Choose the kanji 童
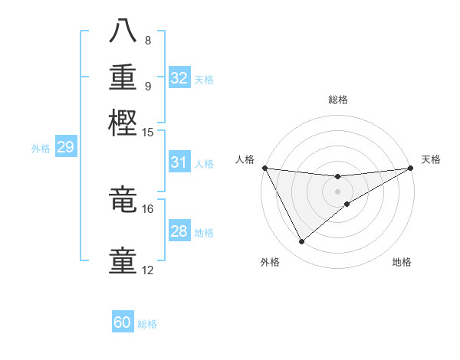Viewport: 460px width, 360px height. tap(123, 259)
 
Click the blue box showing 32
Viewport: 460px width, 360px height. tap(179, 78)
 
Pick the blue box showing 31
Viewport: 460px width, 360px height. tap(179, 162)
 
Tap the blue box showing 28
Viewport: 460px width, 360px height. tap(179, 231)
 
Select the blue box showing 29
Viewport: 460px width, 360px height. tap(65, 147)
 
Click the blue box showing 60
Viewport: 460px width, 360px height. tap(123, 322)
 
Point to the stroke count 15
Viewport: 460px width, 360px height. tap(148, 133)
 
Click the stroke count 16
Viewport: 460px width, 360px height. tap(148, 208)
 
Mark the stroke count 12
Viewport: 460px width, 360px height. tap(148, 270)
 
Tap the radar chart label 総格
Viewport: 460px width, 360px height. tap(338, 100)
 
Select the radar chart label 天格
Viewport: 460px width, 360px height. tap(431, 159)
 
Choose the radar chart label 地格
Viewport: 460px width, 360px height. tap(402, 263)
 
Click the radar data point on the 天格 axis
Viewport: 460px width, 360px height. tap(411, 169)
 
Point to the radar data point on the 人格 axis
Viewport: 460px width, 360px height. tap(265, 168)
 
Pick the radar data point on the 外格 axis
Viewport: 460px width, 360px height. tap(301, 242)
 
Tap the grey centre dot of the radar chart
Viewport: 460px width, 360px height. tap(338, 191)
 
